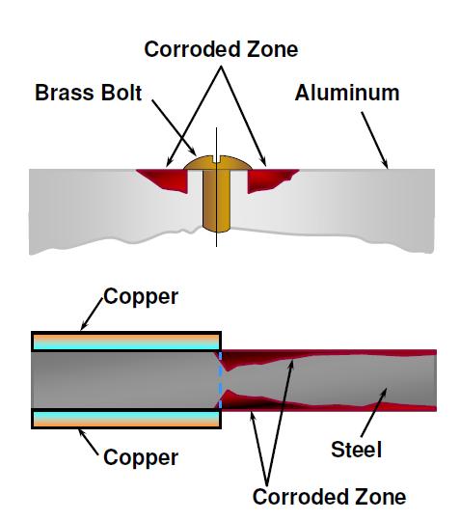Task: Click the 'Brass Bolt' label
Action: [x=89, y=93]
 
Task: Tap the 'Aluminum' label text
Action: [x=347, y=93]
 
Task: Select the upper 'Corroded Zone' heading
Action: [x=221, y=49]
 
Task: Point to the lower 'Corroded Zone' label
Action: [x=329, y=497]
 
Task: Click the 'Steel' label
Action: [x=356, y=450]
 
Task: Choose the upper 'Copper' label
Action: [x=141, y=297]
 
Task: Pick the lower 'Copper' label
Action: [x=141, y=457]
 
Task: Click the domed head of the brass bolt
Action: [x=217, y=163]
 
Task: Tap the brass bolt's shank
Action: [x=216, y=201]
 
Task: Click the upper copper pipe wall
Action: [x=126, y=342]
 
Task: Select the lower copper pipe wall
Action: [x=126, y=419]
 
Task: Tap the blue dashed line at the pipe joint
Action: [x=220, y=380]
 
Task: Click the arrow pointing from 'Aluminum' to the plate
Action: [x=374, y=140]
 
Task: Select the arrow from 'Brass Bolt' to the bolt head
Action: [x=174, y=127]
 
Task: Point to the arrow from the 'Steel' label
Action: [x=374, y=412]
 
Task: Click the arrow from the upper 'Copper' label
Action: [x=92, y=314]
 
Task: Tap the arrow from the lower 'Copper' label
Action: [x=89, y=442]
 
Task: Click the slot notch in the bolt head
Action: [x=216, y=159]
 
